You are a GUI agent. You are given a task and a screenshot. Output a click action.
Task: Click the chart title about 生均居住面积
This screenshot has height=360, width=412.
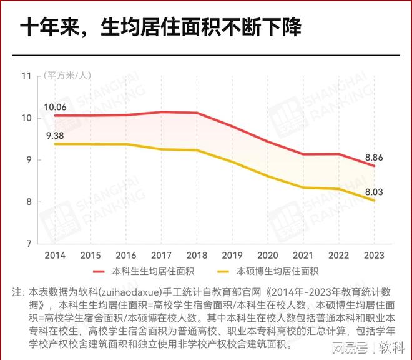click(x=160, y=27)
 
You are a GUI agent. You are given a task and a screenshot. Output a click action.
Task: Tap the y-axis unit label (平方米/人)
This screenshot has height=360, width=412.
click(x=67, y=76)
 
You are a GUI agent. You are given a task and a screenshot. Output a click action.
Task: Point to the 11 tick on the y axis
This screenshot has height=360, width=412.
click(x=26, y=76)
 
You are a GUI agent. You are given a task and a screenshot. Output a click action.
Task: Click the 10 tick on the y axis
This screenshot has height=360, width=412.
click(x=26, y=117)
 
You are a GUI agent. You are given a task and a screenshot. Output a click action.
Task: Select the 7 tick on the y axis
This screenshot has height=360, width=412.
click(x=28, y=243)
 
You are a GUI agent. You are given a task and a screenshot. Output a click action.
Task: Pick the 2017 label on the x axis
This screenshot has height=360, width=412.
click(x=161, y=255)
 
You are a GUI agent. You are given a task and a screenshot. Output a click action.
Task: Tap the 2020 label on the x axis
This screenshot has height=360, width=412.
click(x=267, y=255)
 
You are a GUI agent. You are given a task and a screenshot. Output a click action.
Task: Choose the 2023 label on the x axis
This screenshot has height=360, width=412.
click(x=373, y=255)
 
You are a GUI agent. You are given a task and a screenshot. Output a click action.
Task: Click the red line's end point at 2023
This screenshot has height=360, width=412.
click(x=374, y=166)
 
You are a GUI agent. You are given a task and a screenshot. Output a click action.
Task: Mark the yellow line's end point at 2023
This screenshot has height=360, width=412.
click(x=374, y=201)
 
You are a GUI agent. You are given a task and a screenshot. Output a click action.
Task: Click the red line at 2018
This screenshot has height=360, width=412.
click(x=197, y=112)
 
